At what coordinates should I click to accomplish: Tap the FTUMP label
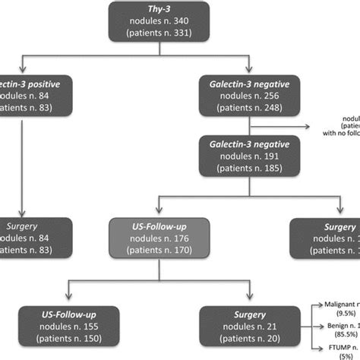331,346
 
